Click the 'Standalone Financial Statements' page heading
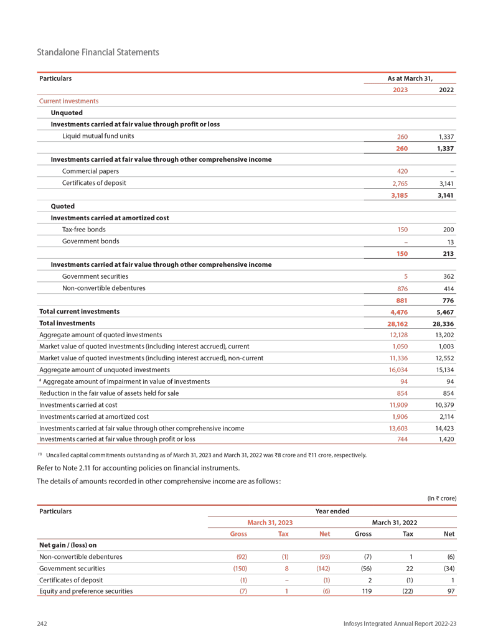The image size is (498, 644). pyautogui.click(x=98, y=52)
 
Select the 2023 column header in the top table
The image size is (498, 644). pyautogui.click(x=400, y=90)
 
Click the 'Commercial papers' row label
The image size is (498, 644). pyautogui.click(x=91, y=171)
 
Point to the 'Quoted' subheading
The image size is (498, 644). pyautogui.click(x=62, y=207)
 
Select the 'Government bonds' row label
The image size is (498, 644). pyautogui.click(x=91, y=241)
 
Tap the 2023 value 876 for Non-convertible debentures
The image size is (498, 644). pyautogui.click(x=402, y=289)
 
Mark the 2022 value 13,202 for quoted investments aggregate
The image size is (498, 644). pyautogui.click(x=443, y=335)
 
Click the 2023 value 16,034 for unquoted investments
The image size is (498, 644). pyautogui.click(x=398, y=370)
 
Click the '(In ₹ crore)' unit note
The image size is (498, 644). pyautogui.click(x=441, y=498)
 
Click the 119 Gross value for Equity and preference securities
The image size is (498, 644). pyautogui.click(x=367, y=591)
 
